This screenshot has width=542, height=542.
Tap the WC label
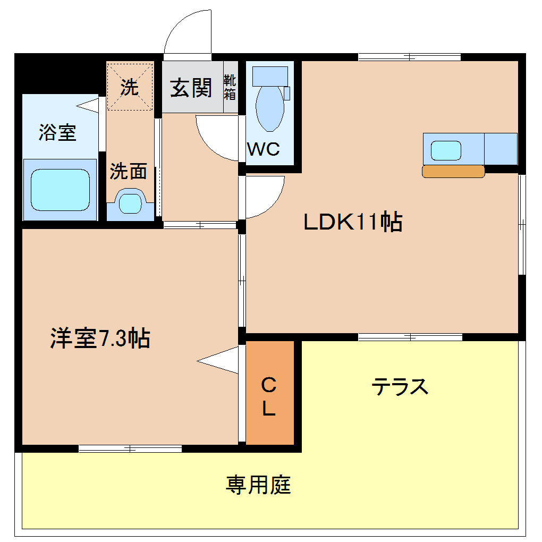tap(264, 150)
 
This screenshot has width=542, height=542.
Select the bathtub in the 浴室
tap(60, 190)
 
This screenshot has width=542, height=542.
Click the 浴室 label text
tap(57, 133)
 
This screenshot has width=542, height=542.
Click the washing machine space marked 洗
tap(130, 87)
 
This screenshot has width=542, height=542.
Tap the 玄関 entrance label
tap(191, 88)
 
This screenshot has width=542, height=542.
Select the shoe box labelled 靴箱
tap(230, 88)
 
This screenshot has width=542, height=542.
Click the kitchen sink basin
tap(445, 150)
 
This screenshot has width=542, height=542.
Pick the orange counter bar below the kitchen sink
tap(453, 171)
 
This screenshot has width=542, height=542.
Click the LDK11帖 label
tap(352, 222)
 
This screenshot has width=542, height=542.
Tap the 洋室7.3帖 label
tap(100, 338)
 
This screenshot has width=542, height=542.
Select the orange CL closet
tap(269, 393)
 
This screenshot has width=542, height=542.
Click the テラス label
tap(400, 386)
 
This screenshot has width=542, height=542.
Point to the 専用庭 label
tap(259, 485)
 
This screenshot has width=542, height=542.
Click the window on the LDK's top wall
tap(409, 57)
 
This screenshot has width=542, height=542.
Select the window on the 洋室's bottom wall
tap(130, 448)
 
